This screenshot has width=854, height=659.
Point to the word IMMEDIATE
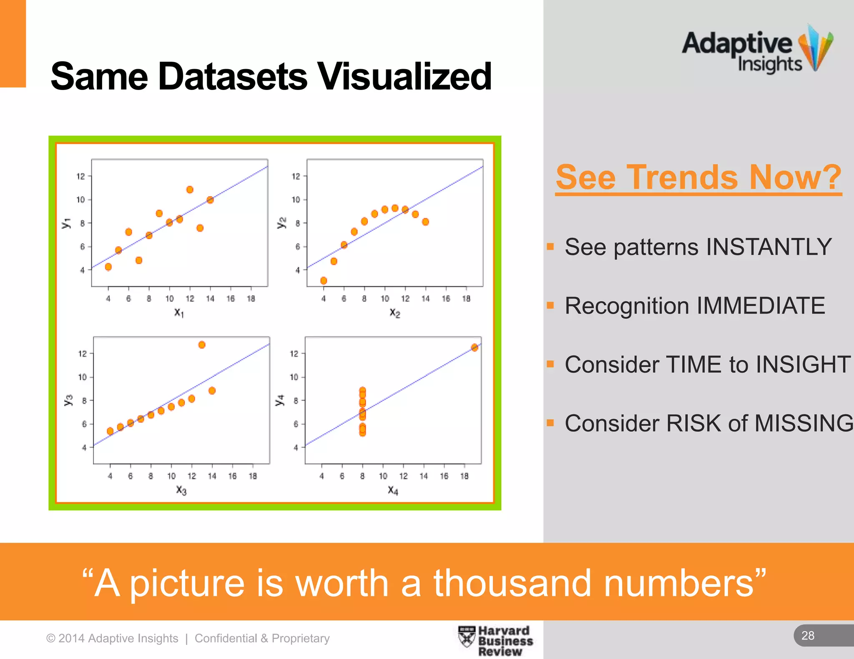(x=761, y=306)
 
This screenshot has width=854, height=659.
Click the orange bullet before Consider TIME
(x=550, y=364)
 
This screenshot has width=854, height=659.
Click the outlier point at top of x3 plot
(x=202, y=345)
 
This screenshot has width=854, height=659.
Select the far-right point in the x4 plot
(x=475, y=347)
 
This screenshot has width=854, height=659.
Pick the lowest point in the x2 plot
(x=324, y=281)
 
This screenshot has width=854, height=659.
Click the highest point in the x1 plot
(x=190, y=190)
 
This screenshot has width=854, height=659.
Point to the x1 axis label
(x=179, y=312)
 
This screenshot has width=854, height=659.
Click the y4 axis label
(x=280, y=400)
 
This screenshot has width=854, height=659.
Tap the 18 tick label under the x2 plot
(x=466, y=299)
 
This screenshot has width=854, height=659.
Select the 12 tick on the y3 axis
(x=83, y=354)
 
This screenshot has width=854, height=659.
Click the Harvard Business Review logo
(x=496, y=641)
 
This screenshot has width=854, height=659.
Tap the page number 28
(x=808, y=636)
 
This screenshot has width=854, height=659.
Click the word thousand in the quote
(x=512, y=583)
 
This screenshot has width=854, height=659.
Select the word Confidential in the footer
(x=226, y=638)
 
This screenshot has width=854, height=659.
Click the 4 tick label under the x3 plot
(x=110, y=476)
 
